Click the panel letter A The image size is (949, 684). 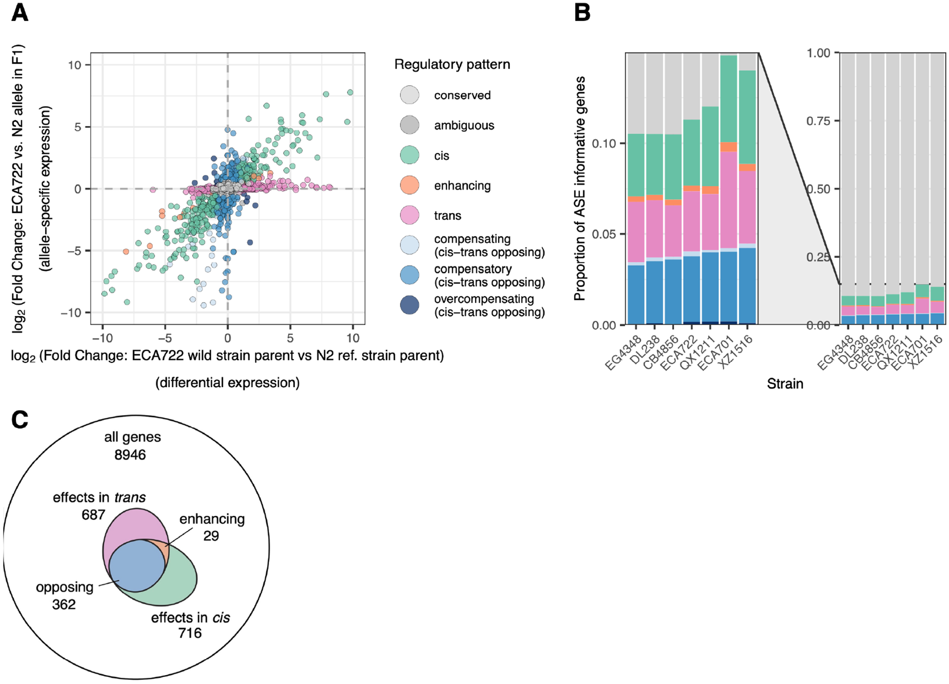[19, 13]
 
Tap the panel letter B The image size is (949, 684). [583, 13]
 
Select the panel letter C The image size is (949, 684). [19, 419]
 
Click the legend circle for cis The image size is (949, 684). [409, 155]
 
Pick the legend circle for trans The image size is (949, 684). [409, 216]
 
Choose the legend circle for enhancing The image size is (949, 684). [409, 185]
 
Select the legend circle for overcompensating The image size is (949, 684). [409, 305]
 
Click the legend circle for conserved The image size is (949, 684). [409, 95]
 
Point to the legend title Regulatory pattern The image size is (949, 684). [452, 64]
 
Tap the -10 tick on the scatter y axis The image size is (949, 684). [71, 312]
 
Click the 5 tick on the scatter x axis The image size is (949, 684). [290, 338]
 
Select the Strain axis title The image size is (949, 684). [785, 384]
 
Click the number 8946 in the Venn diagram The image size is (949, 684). [130, 455]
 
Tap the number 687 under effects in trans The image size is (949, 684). [93, 514]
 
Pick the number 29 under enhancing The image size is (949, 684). [211, 536]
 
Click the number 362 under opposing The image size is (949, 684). [64, 604]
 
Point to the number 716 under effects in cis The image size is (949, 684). [189, 633]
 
